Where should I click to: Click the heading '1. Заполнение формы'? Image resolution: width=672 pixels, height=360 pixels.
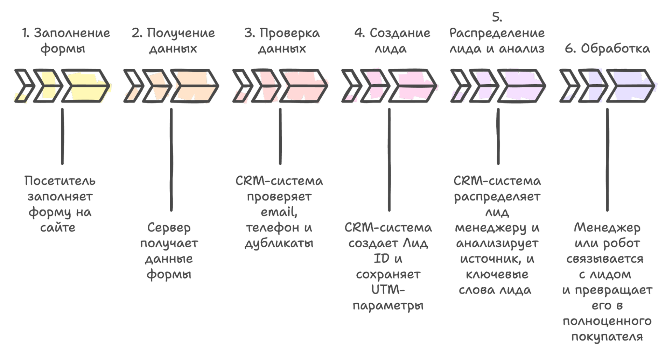tap(65, 41)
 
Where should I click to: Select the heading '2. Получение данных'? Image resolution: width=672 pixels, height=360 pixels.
tap(173, 41)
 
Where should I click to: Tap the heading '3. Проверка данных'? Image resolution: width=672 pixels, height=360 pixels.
tap(282, 41)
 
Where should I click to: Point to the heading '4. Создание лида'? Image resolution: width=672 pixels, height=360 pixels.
tap(392, 41)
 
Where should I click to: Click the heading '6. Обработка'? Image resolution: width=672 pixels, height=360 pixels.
tap(607, 49)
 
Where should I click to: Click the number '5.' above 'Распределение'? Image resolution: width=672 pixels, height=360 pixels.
tap(497, 17)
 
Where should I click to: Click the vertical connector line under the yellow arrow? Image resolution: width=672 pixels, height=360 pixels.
tap(62, 136)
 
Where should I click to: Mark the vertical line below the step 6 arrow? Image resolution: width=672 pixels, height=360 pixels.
tap(607, 159)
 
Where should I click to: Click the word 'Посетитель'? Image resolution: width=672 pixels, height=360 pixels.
tap(60, 181)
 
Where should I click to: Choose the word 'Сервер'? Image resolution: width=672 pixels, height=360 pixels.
tap(169, 228)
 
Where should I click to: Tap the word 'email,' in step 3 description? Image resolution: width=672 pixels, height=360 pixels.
tap(279, 212)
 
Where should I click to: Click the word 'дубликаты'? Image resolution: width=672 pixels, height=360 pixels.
tap(279, 243)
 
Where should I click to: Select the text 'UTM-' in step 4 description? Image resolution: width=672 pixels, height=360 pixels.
tap(388, 290)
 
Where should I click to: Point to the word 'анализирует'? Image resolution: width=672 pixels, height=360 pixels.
tap(497, 243)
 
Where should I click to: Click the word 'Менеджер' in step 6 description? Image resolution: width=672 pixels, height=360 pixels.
tap(607, 228)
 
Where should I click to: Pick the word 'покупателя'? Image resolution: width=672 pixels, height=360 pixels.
tap(607, 337)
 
